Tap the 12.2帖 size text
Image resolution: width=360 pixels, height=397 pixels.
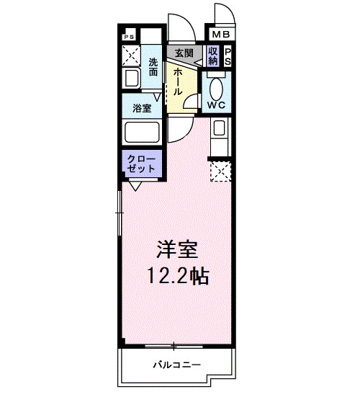tap(178, 276)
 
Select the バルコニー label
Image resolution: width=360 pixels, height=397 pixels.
tap(176, 364)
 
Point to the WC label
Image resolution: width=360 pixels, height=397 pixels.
tap(217, 105)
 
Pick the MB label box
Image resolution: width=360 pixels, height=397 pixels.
tap(220, 33)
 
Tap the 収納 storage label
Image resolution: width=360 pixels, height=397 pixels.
tap(212, 56)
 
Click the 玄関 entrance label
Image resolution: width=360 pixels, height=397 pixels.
tap(184, 53)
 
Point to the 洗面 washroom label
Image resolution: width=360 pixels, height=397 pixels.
tap(153, 66)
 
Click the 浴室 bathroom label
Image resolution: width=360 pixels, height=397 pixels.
tap(141, 109)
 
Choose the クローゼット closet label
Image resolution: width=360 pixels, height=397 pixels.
tap(141, 163)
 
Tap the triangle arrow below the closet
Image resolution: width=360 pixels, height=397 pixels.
tap(135, 184)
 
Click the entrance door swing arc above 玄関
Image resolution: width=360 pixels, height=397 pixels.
tap(180, 27)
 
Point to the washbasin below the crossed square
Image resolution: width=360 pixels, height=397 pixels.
tap(132, 79)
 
